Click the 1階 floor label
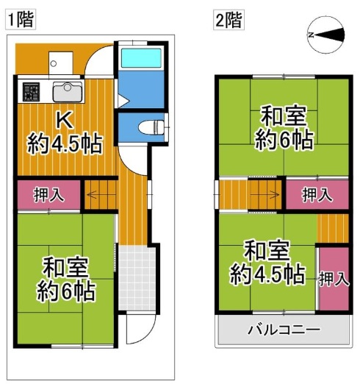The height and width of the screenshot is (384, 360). [x=20, y=19]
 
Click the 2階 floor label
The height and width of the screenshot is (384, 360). [x=228, y=19]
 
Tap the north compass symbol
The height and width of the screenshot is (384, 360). [x=326, y=35]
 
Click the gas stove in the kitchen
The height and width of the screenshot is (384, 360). [x=31, y=92]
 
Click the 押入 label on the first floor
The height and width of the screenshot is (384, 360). [x=48, y=195]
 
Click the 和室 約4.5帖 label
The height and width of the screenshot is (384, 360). [x=264, y=263]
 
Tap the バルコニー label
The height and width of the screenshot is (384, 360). [x=284, y=330]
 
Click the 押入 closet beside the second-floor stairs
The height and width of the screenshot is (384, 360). [x=317, y=195]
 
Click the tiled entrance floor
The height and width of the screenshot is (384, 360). [x=138, y=276]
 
